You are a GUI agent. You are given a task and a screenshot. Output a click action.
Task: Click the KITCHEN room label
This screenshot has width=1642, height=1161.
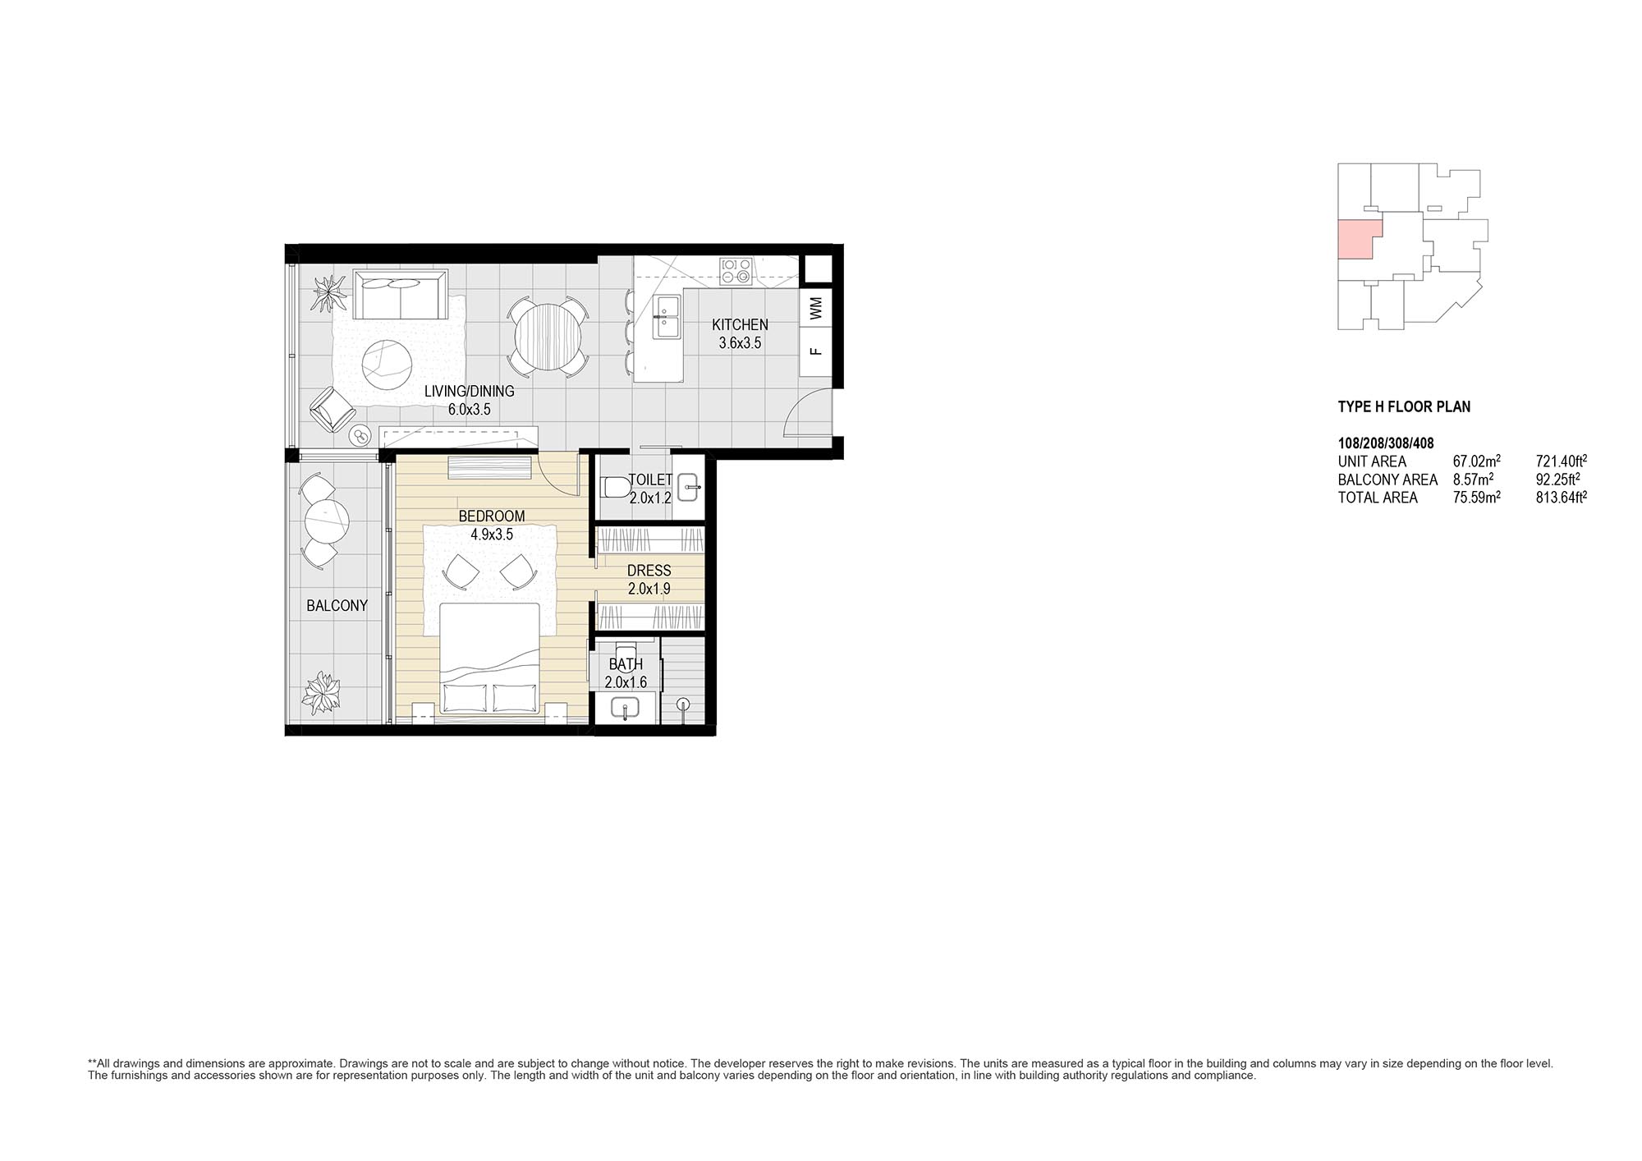click(x=740, y=325)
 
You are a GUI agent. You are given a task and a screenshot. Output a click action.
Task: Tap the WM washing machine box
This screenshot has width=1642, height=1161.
click(x=816, y=309)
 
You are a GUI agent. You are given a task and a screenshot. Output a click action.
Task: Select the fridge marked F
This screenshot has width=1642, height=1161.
click(x=816, y=352)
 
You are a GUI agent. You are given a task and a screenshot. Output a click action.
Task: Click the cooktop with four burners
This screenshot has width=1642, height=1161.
click(x=736, y=272)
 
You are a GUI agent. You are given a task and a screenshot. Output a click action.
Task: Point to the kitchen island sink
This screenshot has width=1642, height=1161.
click(x=665, y=318)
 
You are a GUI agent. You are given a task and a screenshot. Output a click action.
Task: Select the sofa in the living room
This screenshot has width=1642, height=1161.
click(x=400, y=295)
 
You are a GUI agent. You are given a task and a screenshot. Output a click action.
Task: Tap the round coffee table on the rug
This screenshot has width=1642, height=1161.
click(x=388, y=365)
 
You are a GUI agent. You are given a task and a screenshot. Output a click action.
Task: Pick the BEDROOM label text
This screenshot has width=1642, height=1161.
click(x=491, y=516)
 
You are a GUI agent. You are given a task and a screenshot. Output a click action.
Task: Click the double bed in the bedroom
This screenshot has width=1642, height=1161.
click(x=490, y=659)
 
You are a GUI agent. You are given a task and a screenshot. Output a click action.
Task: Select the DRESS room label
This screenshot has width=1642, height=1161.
click(x=649, y=571)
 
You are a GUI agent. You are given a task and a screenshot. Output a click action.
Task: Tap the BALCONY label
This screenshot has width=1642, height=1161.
click(x=337, y=606)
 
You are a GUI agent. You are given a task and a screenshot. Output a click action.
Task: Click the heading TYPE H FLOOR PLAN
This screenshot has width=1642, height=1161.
click(x=1404, y=406)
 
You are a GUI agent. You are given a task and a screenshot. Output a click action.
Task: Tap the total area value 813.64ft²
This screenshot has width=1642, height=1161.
click(x=1562, y=497)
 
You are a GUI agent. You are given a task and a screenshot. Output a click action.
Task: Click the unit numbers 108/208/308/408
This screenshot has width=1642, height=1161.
click(x=1386, y=444)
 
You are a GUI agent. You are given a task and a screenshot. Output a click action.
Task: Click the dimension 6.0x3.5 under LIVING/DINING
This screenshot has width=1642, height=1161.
click(x=469, y=410)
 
